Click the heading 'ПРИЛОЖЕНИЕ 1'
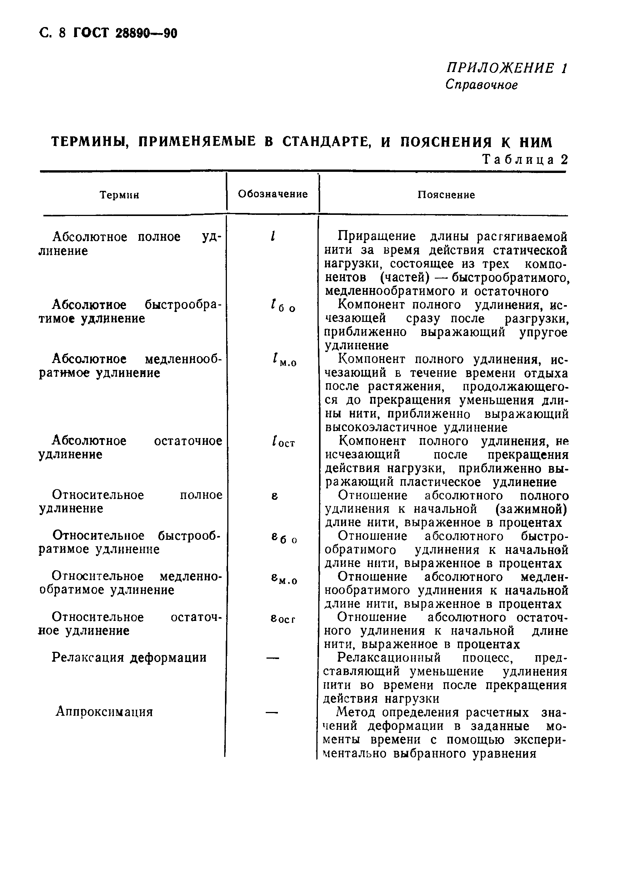pyautogui.click(x=507, y=69)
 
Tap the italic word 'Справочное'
pyautogui.click(x=481, y=85)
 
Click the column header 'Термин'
pyautogui.click(x=119, y=195)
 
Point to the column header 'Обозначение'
pyautogui.click(x=273, y=194)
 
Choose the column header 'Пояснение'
pyautogui.click(x=446, y=195)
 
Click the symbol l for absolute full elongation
pyautogui.click(x=273, y=236)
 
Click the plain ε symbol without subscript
pyautogui.click(x=274, y=496)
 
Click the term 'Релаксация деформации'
pyautogui.click(x=129, y=657)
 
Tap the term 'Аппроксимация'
pyautogui.click(x=104, y=712)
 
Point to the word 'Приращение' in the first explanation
pyautogui.click(x=376, y=237)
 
